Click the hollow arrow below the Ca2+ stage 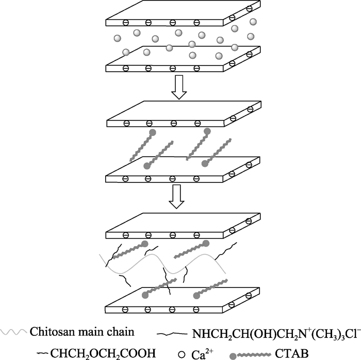pyautogui.click(x=179, y=87)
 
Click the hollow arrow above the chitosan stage pyautogui.click(x=176, y=197)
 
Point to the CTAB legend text pyautogui.click(x=292, y=354)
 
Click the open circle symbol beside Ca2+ pyautogui.click(x=182, y=354)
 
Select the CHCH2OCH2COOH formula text pyautogui.click(x=103, y=354)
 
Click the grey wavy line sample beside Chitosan pyautogui.click(x=13, y=332)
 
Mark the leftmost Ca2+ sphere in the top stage pyautogui.click(x=118, y=38)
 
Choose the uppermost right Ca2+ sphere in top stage pyautogui.click(x=253, y=22)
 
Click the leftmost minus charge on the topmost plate pyautogui.click(x=126, y=23)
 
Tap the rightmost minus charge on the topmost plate pyautogui.click(x=249, y=9)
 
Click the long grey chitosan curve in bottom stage pyautogui.click(x=162, y=264)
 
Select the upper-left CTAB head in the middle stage pyautogui.click(x=153, y=132)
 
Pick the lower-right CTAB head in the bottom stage pyautogui.click(x=196, y=296)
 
